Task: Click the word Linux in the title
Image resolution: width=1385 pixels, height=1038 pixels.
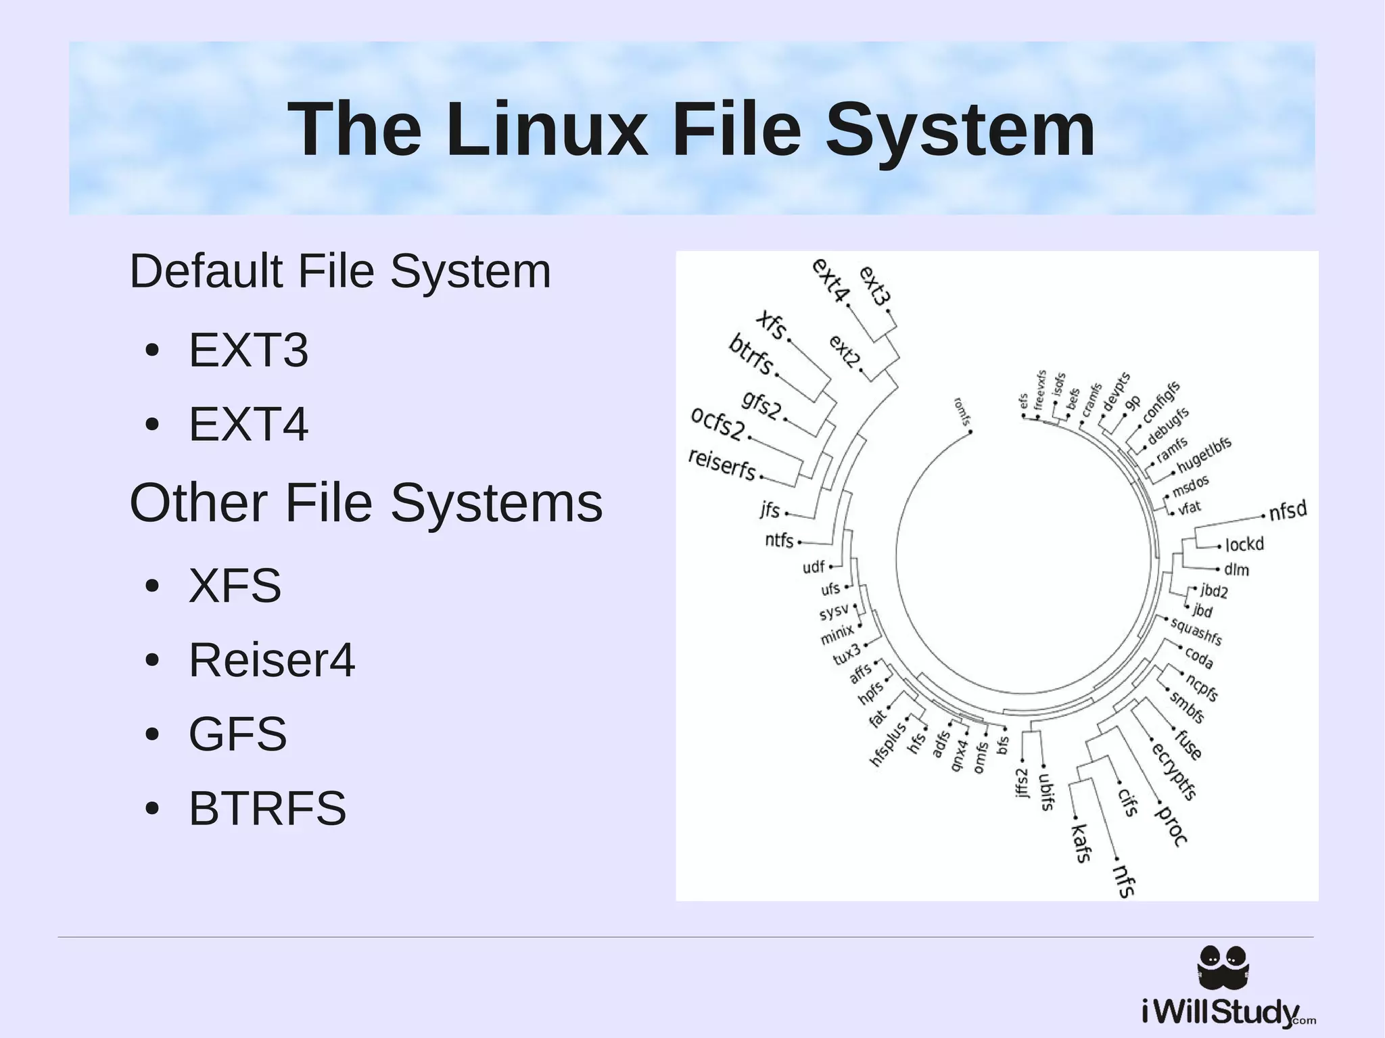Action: coord(546,128)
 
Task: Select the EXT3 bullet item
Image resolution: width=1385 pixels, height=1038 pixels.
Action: coord(248,350)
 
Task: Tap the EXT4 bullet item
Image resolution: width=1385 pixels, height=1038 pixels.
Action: coord(248,424)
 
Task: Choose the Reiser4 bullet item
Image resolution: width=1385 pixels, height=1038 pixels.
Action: coord(271,660)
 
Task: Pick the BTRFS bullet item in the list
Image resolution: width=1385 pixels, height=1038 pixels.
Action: coord(267,808)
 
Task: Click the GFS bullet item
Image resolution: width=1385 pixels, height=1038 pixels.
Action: coord(237,734)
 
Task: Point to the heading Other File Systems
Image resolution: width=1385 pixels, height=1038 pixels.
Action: coord(366,503)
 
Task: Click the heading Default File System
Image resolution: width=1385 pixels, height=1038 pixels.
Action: coord(340,271)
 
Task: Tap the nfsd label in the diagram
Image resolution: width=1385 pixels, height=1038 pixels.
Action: coord(1288,511)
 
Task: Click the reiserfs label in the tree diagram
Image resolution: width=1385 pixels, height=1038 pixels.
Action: coord(722,464)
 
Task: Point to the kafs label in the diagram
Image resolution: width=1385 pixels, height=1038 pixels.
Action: coord(1081,843)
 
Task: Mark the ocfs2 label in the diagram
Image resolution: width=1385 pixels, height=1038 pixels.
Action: coord(718,423)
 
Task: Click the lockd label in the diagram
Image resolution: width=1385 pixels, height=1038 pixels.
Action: coord(1244,544)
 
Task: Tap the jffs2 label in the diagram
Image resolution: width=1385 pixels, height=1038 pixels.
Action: coord(1022,782)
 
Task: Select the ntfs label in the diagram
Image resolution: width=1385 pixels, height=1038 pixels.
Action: coord(779,540)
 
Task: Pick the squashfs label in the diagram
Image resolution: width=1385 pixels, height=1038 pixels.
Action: coord(1196,631)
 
